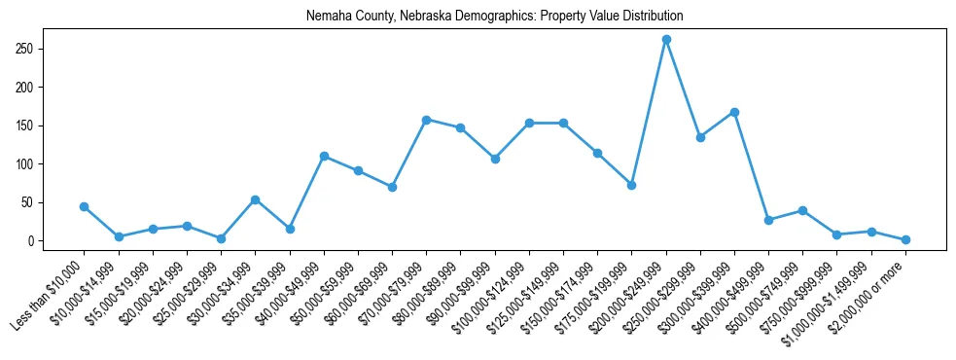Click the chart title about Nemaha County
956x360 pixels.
tap(494, 17)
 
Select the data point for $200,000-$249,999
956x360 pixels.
tap(666, 40)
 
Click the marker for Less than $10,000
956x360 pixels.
tap(85, 206)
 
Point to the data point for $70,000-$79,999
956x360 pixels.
tap(427, 120)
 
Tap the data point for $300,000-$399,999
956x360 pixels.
tap(734, 112)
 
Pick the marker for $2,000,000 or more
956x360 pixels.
tap(905, 239)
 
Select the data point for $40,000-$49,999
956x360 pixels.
tap(324, 156)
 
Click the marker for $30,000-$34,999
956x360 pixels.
tap(255, 199)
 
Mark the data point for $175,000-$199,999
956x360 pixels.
tap(632, 185)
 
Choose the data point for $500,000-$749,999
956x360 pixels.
tap(803, 210)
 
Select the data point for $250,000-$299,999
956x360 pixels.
tap(700, 137)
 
